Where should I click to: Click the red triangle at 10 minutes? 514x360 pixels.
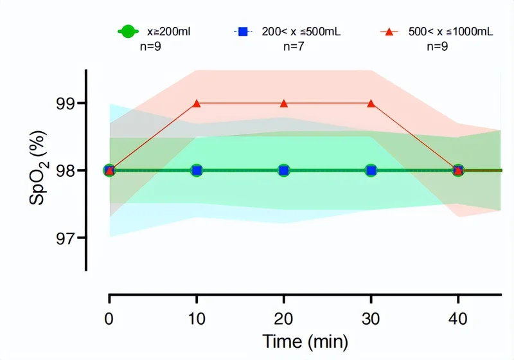pos(197,103)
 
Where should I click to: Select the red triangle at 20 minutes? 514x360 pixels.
pos(284,103)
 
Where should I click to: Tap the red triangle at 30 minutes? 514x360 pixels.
pos(371,103)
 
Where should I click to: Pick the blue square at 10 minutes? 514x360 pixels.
pos(197,170)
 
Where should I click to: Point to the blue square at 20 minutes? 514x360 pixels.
pos(284,170)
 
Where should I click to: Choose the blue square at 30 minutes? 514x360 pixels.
pos(371,170)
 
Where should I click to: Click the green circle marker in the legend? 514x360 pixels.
pos(128,31)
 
